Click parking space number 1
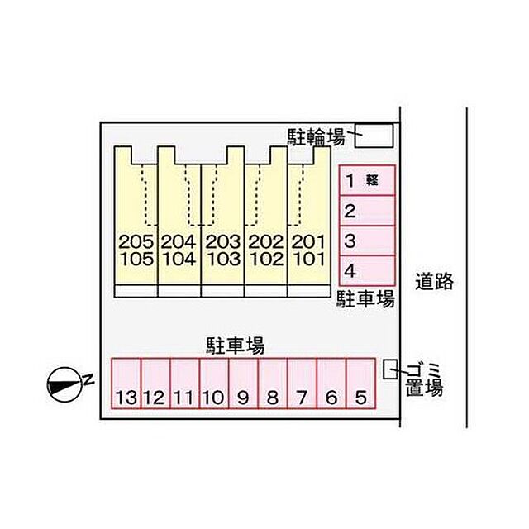(367, 180)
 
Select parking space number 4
(367, 270)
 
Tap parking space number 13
(126, 384)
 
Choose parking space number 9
(244, 384)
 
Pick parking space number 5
(361, 384)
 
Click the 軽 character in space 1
(372, 180)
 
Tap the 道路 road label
(434, 281)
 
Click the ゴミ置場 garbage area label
(424, 380)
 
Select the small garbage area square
(390, 369)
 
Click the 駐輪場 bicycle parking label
(316, 137)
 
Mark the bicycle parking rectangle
(374, 136)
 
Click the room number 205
(136, 241)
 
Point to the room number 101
(309, 259)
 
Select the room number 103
(223, 259)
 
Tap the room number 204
(179, 241)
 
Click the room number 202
(266, 241)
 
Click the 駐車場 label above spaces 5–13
(236, 346)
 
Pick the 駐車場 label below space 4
(366, 299)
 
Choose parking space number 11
(185, 384)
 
